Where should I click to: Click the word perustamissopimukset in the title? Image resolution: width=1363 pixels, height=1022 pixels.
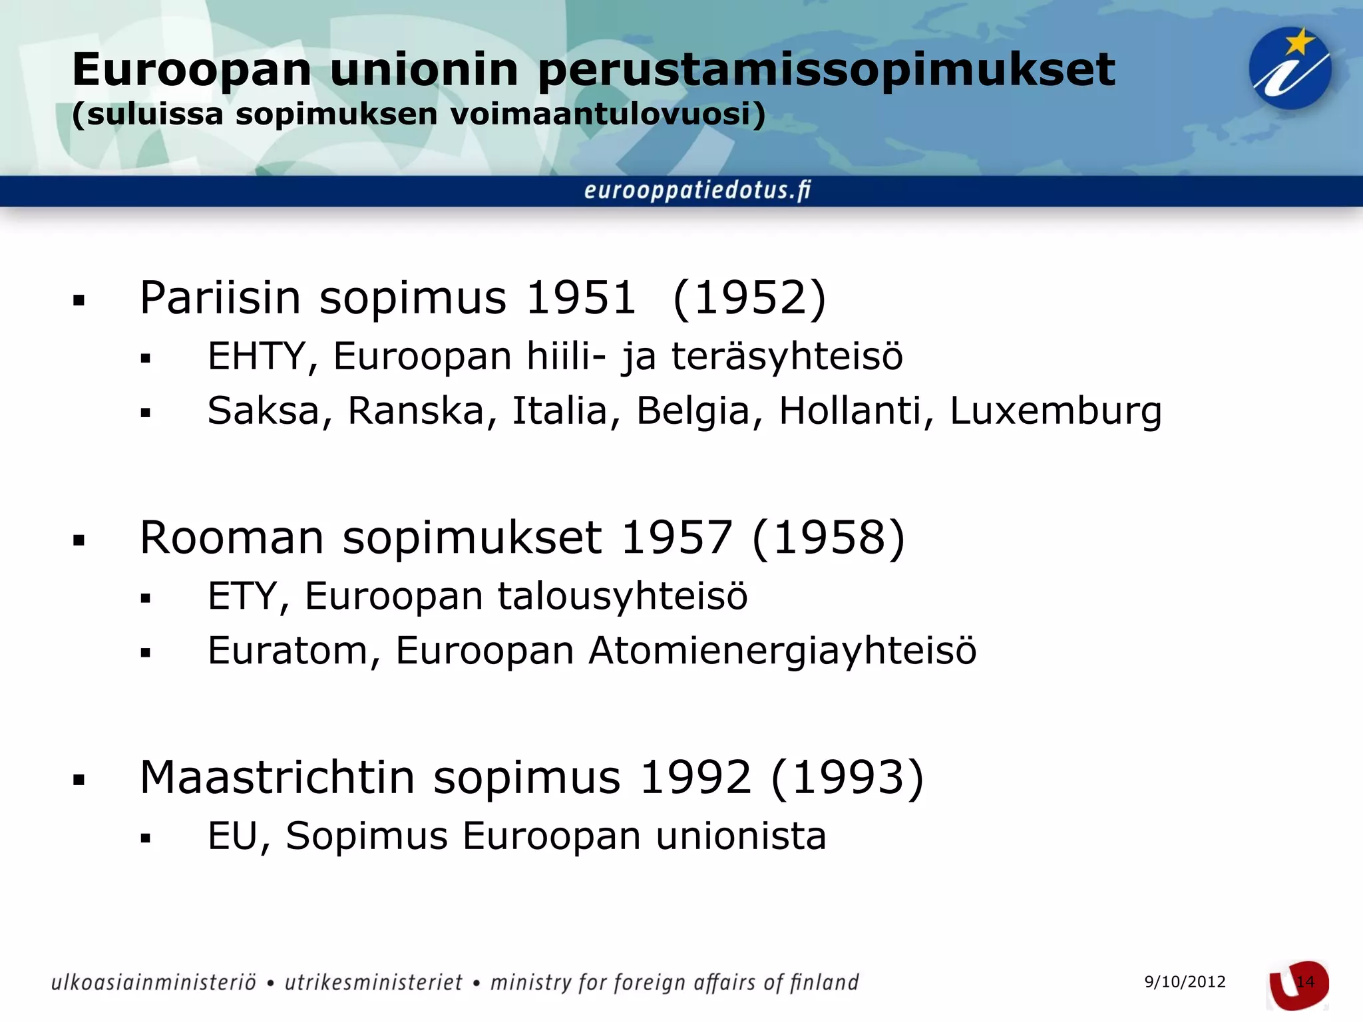point(826,71)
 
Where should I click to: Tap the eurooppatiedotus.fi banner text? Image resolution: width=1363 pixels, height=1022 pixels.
point(697,191)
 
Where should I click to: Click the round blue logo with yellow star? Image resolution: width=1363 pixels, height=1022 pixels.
point(1289,69)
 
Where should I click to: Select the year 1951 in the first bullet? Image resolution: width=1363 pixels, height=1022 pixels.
point(581,297)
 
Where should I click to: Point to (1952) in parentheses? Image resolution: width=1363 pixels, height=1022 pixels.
point(749,297)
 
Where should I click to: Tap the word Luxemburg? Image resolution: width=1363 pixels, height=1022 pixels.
point(1056,411)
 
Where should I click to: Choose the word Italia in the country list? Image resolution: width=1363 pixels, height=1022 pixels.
point(560,411)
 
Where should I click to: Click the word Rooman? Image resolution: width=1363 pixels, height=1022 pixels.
point(232,538)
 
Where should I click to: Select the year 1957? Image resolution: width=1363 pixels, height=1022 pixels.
point(676,538)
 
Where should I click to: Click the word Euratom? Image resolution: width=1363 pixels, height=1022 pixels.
point(287,650)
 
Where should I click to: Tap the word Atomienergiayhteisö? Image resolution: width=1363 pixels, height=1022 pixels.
point(783,650)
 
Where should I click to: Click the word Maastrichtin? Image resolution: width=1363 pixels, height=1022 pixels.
point(277,777)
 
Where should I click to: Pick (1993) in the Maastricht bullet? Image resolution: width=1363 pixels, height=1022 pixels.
point(847,777)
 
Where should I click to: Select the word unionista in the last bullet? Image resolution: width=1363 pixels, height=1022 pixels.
point(741,836)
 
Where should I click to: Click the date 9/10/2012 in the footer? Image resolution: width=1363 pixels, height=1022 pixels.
point(1185,982)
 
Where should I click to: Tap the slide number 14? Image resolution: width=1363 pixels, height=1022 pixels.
point(1305,982)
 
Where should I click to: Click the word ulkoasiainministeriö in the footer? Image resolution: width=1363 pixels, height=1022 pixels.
point(154,983)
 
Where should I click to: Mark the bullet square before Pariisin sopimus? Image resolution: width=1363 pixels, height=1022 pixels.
point(79,301)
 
